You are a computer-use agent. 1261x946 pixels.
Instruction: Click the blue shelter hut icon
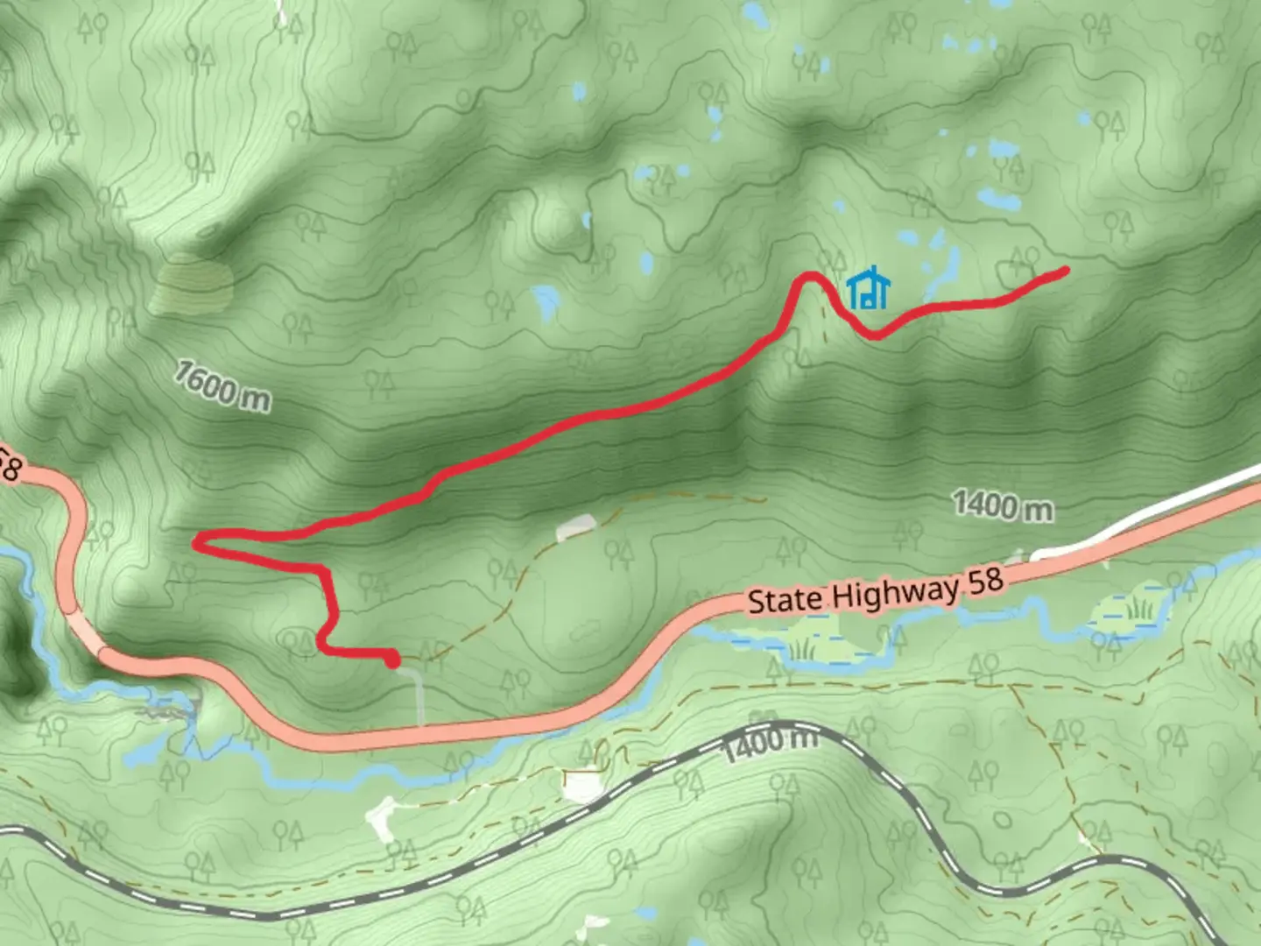pyautogui.click(x=869, y=289)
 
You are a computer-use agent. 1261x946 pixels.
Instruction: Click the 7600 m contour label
pyautogui.click(x=222, y=386)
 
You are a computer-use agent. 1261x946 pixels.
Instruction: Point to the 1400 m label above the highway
pyautogui.click(x=1003, y=506)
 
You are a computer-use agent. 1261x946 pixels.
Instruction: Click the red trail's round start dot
pyautogui.click(x=392, y=659)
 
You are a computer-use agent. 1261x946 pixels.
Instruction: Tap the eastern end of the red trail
pyautogui.click(x=1064, y=271)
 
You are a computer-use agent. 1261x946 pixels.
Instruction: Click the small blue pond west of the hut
pyautogui.click(x=546, y=301)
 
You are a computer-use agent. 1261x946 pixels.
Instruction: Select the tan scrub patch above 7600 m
pyautogui.click(x=192, y=286)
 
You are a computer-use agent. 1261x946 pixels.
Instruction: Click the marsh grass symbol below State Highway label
pyautogui.click(x=800, y=649)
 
